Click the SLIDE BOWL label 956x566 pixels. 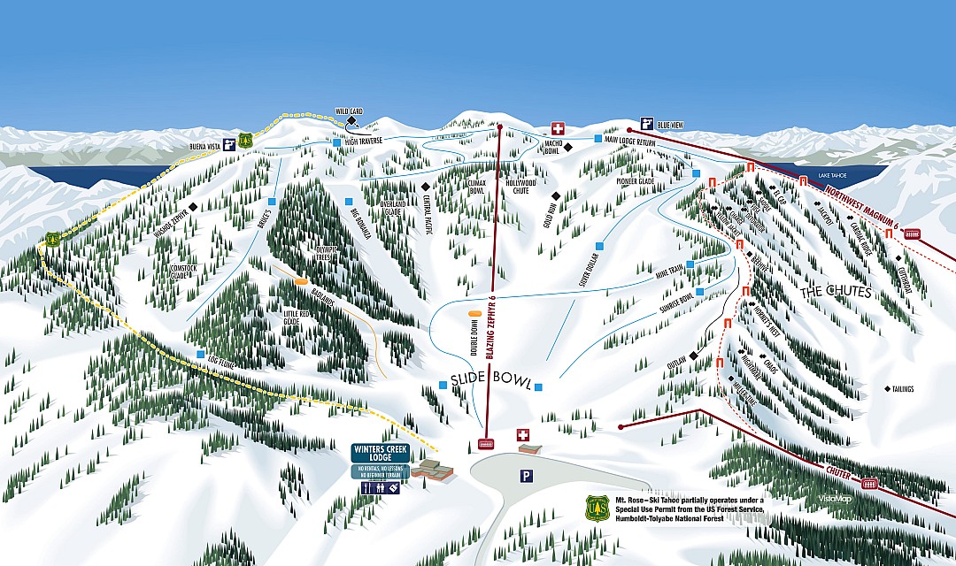pyautogui.click(x=490, y=381)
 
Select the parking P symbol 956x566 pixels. pyautogui.click(x=526, y=476)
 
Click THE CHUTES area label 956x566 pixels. pyautogui.click(x=836, y=292)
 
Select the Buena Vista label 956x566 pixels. pyautogui.click(x=204, y=144)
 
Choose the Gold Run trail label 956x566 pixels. pyautogui.click(x=549, y=213)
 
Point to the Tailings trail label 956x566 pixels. pyautogui.click(x=903, y=389)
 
